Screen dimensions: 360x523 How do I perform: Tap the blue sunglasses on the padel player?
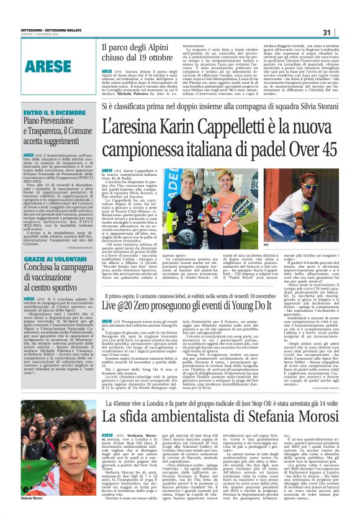pyautogui.click(x=310, y=186)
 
